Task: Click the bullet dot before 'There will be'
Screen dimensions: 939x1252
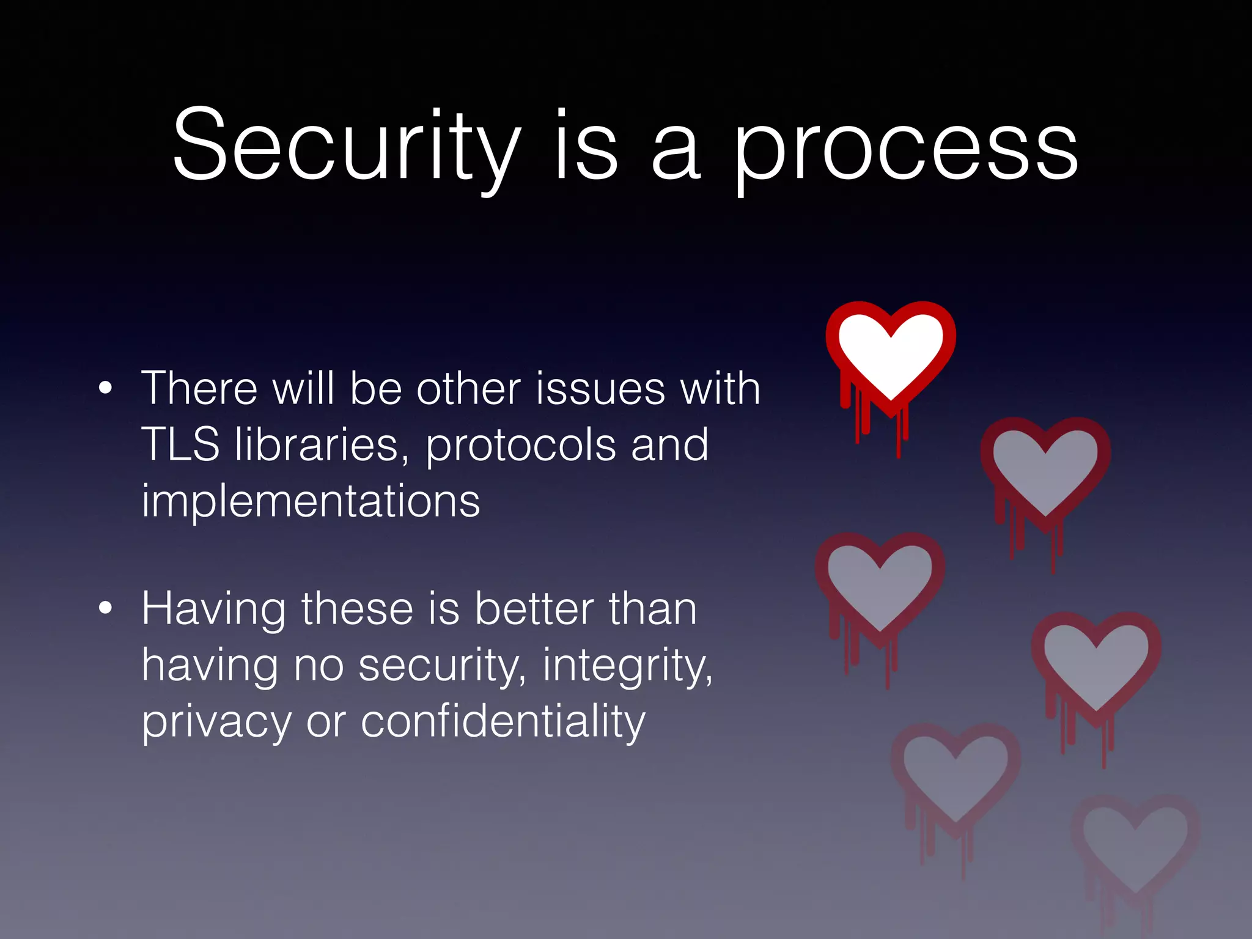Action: [x=106, y=388]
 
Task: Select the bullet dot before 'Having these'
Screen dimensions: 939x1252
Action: [x=106, y=608]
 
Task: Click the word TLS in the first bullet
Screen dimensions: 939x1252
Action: [x=180, y=444]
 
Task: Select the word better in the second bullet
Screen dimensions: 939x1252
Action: [x=534, y=609]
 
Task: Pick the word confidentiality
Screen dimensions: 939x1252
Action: [x=503, y=721]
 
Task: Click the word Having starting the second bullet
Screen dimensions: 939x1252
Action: [x=213, y=610]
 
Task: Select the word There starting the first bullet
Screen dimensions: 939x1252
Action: [x=199, y=389]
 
